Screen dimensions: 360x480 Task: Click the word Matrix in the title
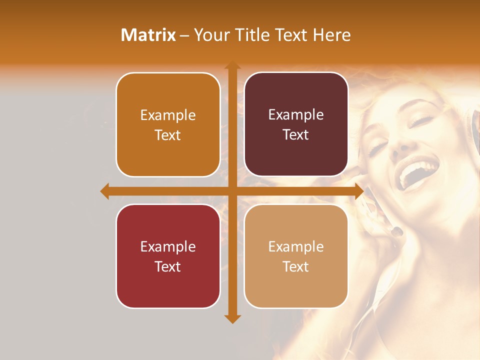coord(148,35)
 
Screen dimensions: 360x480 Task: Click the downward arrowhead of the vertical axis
coord(232,318)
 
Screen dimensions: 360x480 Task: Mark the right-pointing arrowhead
coord(358,191)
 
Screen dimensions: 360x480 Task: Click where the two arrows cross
coord(232,191)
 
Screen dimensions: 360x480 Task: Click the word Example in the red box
coord(168,246)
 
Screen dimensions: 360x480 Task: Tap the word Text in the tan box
coord(296,266)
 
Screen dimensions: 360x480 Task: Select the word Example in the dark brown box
coord(296,114)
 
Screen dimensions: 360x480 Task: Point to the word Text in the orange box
coord(168,135)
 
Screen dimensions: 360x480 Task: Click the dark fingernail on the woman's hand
coord(397,231)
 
